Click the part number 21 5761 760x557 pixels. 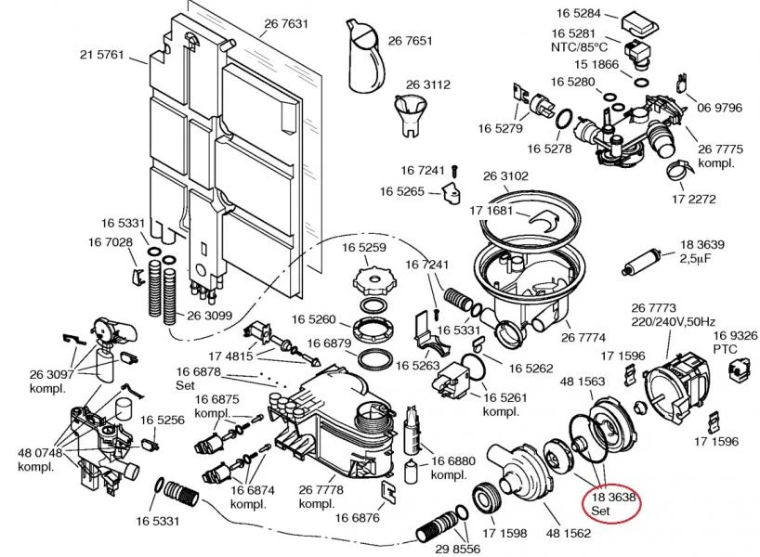click(x=101, y=55)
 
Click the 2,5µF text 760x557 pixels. click(x=696, y=258)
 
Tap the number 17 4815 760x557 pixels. click(x=229, y=355)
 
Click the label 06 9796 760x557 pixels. click(x=720, y=108)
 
